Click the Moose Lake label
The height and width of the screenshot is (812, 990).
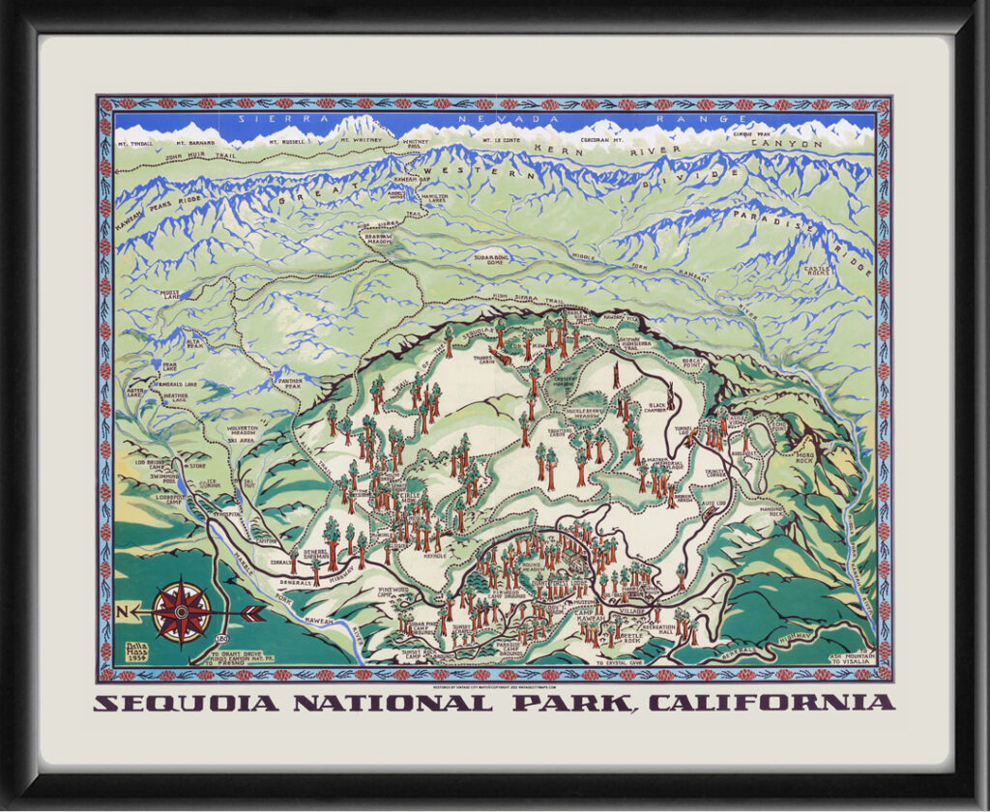click(x=171, y=294)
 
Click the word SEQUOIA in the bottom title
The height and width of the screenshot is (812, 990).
click(x=186, y=703)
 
